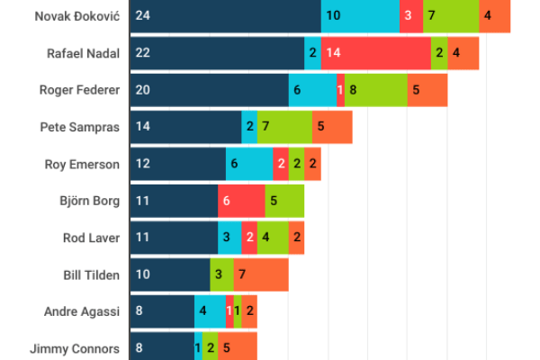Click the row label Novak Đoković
coord(76,16)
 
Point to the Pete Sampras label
coord(80,127)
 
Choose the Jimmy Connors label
coord(75,347)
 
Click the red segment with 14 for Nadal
coord(375,53)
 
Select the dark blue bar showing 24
coord(225,16)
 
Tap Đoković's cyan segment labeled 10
coord(360,16)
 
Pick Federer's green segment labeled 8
coord(375,90)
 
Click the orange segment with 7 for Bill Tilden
coord(261,274)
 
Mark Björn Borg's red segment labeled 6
coord(241,201)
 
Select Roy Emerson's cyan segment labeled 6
coord(249,164)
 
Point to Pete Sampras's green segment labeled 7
coord(284,127)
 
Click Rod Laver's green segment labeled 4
coord(274,238)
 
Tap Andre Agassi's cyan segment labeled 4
coord(210,311)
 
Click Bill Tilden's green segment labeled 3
coord(221,274)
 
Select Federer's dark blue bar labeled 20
coord(209,90)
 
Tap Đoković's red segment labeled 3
coord(410,16)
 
